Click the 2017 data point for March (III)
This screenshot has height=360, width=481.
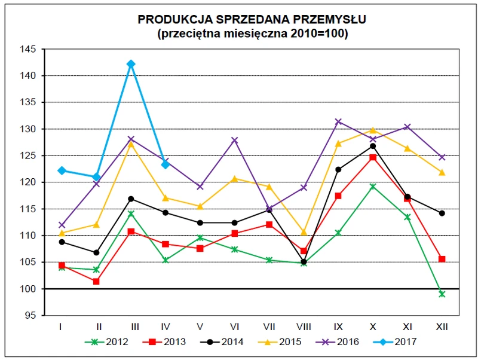click(131, 64)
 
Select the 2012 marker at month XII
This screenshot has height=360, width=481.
click(442, 294)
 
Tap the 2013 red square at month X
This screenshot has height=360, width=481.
click(373, 157)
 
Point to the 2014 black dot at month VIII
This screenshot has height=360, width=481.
click(304, 261)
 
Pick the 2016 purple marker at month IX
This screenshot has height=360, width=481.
click(338, 121)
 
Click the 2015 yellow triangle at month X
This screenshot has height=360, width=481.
click(373, 130)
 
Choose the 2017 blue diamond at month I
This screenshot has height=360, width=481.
click(62, 170)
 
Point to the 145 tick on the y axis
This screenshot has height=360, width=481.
click(28, 49)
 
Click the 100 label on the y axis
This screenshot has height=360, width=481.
click(28, 289)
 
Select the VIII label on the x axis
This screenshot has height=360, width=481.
click(304, 327)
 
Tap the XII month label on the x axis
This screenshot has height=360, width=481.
click(442, 327)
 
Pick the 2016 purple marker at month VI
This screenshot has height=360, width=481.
click(234, 141)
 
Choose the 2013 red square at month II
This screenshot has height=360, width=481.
click(96, 281)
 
